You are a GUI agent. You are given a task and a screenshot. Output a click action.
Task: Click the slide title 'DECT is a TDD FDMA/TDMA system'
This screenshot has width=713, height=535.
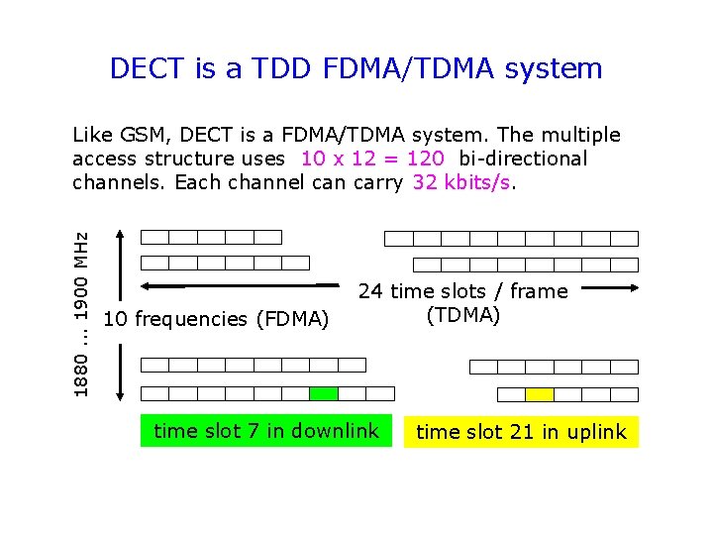point(356,68)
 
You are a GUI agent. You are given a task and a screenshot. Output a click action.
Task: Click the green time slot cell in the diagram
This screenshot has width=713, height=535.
point(324,393)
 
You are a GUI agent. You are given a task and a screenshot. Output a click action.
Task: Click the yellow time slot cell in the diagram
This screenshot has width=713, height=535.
point(540,394)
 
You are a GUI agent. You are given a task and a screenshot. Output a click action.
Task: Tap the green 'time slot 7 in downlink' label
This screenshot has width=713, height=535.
point(266,430)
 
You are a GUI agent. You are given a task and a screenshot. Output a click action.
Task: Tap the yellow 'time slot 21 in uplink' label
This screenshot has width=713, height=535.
point(521,432)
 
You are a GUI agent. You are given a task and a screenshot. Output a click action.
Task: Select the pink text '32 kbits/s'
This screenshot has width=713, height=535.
point(463,182)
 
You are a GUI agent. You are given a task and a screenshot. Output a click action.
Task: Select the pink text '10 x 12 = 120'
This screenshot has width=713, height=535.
point(372,159)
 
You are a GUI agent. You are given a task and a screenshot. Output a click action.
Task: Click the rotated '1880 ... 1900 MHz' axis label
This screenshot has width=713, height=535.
point(85,314)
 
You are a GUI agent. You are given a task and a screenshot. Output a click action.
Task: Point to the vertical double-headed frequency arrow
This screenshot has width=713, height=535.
point(120,314)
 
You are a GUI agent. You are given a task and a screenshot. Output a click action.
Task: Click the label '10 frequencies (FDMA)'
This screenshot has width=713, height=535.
point(216,319)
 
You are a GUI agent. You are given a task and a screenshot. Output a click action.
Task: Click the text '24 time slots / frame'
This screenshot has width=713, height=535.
point(462,291)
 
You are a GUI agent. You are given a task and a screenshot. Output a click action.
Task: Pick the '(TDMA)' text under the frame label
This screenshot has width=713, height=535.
point(462,315)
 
